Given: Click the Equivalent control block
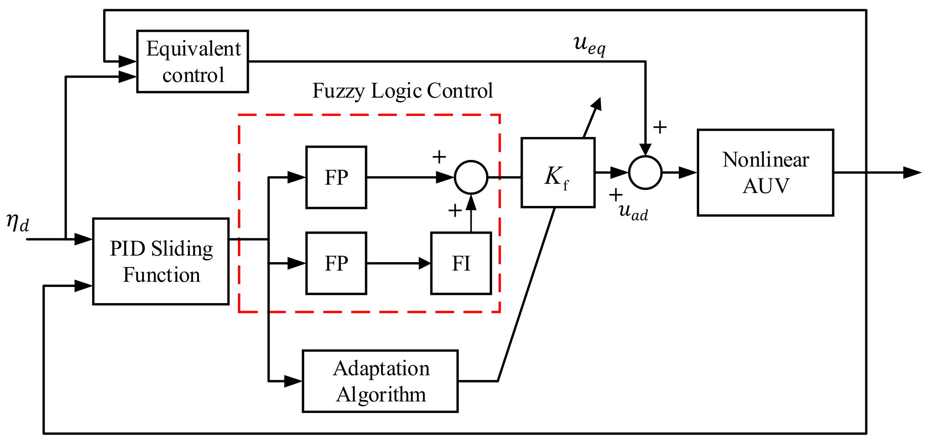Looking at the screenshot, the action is coord(193,61).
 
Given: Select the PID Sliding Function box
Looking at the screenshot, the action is coord(161,261).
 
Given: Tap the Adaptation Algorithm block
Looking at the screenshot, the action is coord(380,381).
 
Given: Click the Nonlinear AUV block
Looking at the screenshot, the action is coord(765,172).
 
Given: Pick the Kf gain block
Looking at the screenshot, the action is coord(558,172).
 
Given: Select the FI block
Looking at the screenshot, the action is coord(461,263).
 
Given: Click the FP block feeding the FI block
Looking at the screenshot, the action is coord(336,263).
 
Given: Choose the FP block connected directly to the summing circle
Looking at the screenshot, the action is coord(336,177).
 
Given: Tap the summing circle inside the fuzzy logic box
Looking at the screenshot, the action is coord(471,177).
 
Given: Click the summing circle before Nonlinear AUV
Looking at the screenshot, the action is coord(645,172).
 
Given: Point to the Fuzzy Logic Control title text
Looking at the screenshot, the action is coord(402,91).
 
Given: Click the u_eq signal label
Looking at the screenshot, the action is coord(590,45).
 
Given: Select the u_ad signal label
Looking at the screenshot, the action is coord(633,212).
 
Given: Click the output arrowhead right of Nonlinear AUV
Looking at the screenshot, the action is coord(912,172).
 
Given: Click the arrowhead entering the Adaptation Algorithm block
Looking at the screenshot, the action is coord(293,381).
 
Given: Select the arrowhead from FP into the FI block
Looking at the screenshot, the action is coord(424,264).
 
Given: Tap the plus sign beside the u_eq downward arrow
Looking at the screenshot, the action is coord(660,127).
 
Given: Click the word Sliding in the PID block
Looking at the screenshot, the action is coord(182,249).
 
